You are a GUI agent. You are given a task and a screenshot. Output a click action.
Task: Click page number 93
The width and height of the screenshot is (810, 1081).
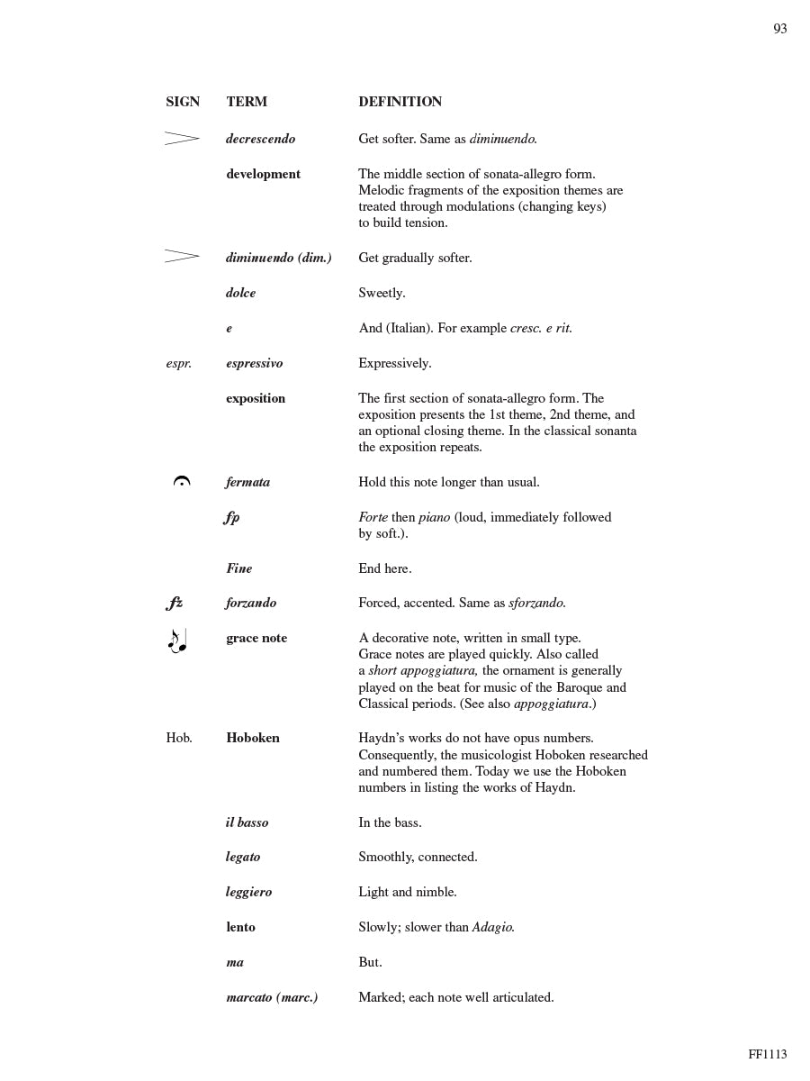(x=780, y=30)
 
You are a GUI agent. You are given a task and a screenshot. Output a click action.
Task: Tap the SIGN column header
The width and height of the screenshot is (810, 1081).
(x=183, y=102)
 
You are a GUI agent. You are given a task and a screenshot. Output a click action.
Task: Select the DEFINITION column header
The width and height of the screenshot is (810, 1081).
(x=400, y=102)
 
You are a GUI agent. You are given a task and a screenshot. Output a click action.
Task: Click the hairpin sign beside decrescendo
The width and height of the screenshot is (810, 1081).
(x=182, y=139)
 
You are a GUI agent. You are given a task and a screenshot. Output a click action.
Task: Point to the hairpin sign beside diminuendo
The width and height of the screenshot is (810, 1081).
(x=182, y=257)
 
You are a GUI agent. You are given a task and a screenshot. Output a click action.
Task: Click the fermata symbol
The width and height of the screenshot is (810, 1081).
(x=182, y=482)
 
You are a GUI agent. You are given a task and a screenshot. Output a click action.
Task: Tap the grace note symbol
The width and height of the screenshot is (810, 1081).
(x=177, y=640)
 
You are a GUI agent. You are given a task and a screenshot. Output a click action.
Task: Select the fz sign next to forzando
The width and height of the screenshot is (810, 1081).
(x=175, y=604)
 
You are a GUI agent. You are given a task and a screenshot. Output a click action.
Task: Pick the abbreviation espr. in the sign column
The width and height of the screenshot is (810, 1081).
(x=178, y=364)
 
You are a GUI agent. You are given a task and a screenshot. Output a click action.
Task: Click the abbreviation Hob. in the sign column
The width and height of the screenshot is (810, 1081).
(x=179, y=738)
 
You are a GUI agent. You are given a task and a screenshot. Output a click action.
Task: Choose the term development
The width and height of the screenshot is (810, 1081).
(x=263, y=174)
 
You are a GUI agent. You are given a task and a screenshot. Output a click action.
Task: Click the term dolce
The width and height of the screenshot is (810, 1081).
(x=240, y=293)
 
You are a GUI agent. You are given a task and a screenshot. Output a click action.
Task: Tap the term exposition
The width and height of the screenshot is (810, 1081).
(x=256, y=398)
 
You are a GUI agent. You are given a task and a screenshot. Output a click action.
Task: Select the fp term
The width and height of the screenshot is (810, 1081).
(x=232, y=517)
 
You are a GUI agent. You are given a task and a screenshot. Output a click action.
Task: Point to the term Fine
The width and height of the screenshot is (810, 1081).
(x=238, y=568)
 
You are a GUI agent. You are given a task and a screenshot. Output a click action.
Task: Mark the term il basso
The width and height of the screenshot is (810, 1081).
(x=247, y=822)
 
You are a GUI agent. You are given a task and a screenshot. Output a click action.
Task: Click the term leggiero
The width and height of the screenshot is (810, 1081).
(x=248, y=892)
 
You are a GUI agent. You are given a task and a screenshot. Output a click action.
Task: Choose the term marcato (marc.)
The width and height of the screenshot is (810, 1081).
(x=272, y=997)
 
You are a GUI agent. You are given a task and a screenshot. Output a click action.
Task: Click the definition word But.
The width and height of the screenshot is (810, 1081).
(x=370, y=962)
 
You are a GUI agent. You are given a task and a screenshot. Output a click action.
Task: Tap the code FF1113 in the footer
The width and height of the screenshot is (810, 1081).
(x=767, y=1054)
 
